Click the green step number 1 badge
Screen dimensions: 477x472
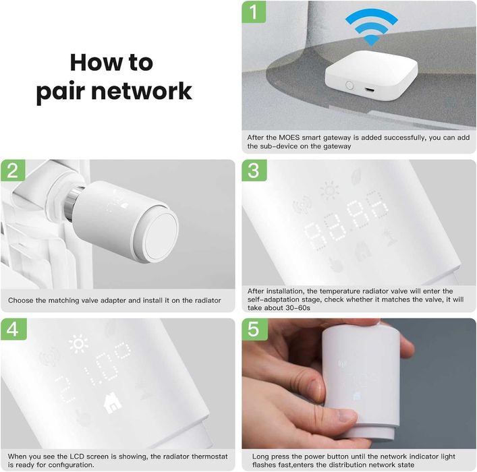[254, 12]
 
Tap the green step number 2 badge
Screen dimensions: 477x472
[13, 171]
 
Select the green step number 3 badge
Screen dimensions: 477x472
[254, 171]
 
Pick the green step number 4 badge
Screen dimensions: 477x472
[13, 329]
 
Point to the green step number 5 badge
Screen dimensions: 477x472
[254, 329]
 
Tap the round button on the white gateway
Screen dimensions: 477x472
[349, 85]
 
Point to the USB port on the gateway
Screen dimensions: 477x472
[369, 90]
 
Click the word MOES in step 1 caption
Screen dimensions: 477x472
[289, 138]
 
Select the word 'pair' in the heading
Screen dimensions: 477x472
[60, 92]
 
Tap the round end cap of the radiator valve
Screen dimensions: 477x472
[161, 236]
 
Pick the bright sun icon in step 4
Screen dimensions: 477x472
[78, 344]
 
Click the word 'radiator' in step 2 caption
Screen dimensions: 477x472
[208, 301]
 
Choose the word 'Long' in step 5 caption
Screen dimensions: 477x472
[260, 456]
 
